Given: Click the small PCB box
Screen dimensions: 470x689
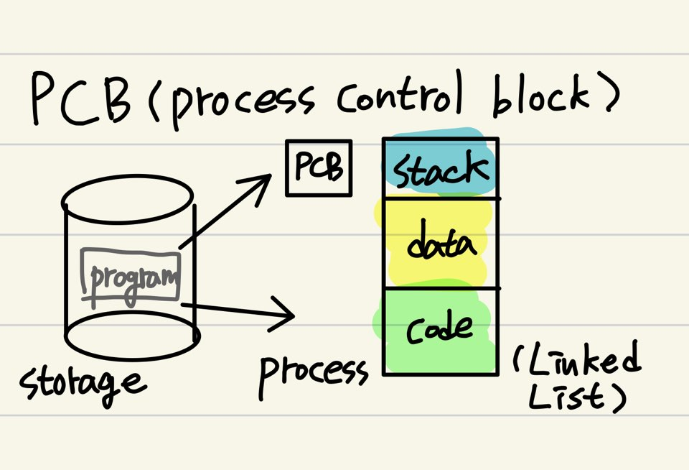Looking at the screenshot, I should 319,168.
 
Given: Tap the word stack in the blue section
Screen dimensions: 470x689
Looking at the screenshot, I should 440,170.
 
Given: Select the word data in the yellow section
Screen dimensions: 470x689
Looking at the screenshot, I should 441,244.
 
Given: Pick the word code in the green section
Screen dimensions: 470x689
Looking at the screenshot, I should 440,328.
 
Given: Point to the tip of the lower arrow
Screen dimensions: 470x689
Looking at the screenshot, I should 292,315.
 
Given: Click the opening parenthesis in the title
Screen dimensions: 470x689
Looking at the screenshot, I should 153,101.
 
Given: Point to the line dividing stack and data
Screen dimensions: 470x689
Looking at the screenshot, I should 441,198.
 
